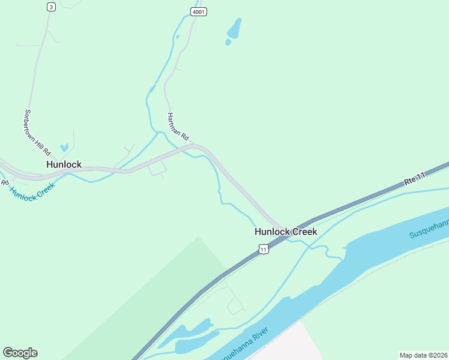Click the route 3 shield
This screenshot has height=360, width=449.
51,7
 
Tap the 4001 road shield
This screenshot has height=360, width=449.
199,11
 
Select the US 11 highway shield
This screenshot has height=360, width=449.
264,248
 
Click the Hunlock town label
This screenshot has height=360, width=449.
64,164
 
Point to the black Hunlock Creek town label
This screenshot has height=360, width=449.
285,232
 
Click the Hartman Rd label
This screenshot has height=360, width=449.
178,127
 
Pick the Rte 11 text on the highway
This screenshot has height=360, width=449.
414,179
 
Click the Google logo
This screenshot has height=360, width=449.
20,352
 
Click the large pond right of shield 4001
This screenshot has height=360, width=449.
234,28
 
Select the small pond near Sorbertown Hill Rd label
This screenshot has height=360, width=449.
64,147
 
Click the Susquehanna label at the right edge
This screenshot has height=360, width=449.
430,229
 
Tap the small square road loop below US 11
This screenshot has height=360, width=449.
235,306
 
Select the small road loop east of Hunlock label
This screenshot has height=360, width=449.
157,170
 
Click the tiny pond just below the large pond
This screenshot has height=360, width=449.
228,43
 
